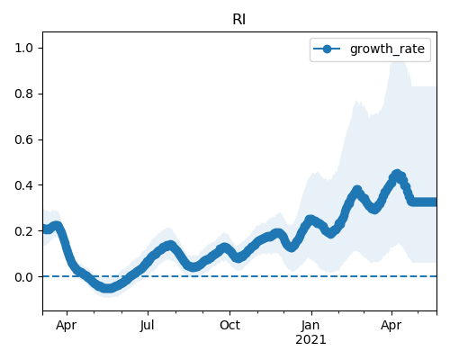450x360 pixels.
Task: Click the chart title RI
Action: [x=239, y=20]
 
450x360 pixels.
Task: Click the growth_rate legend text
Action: [x=387, y=49]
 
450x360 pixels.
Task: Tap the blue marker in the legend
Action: [x=327, y=49]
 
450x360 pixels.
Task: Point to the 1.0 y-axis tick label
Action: [x=24, y=48]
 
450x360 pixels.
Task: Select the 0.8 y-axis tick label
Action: [x=24, y=94]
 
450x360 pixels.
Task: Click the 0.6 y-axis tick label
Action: [x=24, y=139]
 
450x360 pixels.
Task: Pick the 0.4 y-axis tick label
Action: [x=24, y=185]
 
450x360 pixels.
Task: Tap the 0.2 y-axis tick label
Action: [x=24, y=231]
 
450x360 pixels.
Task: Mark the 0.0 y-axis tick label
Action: [x=24, y=277]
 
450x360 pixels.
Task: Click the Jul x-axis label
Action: [x=148, y=326]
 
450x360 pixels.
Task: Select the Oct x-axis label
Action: [x=229, y=326]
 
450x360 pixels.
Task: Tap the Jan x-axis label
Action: [x=310, y=326]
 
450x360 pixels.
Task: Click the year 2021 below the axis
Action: [x=310, y=340]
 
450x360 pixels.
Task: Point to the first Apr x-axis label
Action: [x=67, y=326]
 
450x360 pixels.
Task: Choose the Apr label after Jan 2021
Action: [x=391, y=326]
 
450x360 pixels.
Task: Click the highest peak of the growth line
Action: [x=397, y=175]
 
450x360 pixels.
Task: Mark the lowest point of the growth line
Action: [x=107, y=288]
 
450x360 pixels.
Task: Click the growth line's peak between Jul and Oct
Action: [x=170, y=246]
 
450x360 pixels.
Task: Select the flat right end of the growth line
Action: [x=425, y=202]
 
